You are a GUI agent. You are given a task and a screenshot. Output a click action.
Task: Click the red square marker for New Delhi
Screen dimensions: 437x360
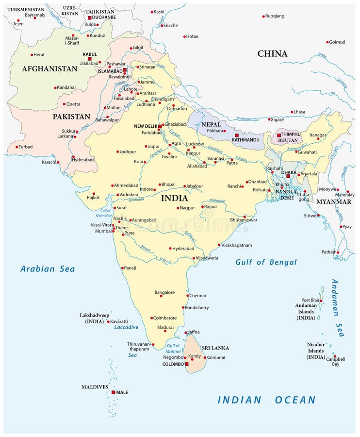160,126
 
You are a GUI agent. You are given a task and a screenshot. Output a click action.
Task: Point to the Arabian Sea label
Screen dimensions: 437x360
48,269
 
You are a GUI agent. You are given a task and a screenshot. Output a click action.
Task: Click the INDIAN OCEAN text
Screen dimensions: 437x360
266,400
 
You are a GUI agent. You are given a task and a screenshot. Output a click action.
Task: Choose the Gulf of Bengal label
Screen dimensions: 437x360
266,262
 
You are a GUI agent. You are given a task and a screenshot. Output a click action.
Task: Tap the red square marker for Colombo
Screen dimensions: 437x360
186,364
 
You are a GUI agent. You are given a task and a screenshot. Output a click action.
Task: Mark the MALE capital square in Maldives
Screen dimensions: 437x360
113,392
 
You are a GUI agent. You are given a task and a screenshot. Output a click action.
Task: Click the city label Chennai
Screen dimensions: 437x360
197,295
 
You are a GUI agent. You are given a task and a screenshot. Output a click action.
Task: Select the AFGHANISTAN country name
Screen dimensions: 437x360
49,69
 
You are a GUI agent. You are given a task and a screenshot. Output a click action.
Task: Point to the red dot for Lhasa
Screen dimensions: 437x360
292,112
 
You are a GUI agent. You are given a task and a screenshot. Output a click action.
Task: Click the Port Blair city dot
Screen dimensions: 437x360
321,301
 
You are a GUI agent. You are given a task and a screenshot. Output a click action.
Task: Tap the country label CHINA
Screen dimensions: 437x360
272,54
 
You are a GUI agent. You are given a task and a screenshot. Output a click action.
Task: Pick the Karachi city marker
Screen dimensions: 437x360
58,162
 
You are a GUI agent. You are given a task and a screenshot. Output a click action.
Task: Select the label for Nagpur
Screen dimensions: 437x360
187,208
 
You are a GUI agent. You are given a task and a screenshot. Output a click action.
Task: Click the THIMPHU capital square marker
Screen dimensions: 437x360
278,135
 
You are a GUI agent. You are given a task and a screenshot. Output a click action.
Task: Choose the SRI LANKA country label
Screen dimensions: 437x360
215,348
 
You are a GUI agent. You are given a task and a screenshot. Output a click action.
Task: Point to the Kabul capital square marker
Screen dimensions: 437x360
89,59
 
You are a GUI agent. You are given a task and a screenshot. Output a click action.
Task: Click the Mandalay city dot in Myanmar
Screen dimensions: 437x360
348,191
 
